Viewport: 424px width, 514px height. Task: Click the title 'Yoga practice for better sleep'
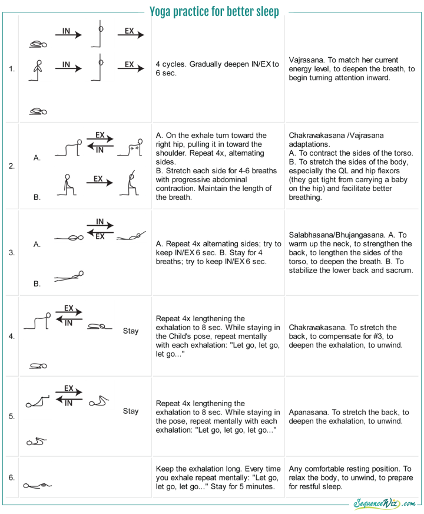214,11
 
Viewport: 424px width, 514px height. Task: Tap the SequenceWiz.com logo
385,504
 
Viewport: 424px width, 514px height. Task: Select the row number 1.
12,69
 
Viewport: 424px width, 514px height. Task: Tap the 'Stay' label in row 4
131,331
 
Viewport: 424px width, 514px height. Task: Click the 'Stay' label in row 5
131,411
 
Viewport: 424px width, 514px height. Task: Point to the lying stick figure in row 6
38,485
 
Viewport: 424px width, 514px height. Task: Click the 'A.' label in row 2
37,158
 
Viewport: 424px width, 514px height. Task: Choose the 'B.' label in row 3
37,284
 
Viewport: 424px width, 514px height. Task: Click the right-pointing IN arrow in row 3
100,226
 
